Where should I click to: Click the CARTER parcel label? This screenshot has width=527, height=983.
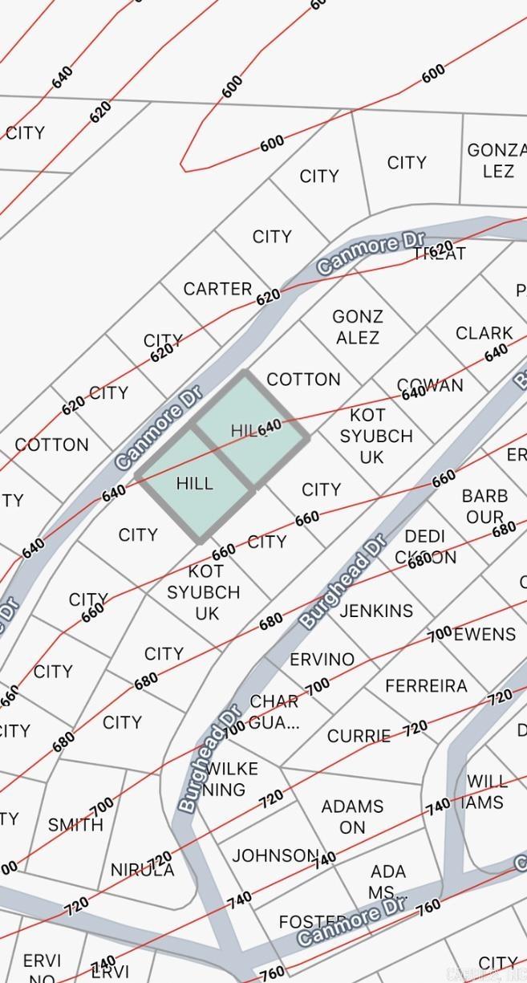coord(217,289)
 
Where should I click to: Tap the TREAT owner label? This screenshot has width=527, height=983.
coord(439,254)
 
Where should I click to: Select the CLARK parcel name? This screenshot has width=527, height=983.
coord(484,333)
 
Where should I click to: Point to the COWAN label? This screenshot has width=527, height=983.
coord(431,386)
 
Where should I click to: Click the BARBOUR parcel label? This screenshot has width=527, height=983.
coord(484,506)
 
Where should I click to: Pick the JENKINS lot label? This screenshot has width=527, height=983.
coord(376,611)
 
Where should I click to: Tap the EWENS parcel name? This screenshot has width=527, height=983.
coord(484,635)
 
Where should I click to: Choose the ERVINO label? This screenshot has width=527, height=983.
coord(322,660)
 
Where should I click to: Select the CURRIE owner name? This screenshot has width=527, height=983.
coord(359,736)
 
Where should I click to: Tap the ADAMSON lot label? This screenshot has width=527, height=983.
coord(352,816)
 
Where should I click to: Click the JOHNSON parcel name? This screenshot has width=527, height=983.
coord(276,855)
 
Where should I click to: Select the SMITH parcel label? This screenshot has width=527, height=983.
coord(75,825)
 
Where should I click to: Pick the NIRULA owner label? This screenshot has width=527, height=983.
coord(142,870)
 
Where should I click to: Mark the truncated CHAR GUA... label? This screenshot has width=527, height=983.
coord(274,712)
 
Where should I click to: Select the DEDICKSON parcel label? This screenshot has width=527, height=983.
coord(425,546)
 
